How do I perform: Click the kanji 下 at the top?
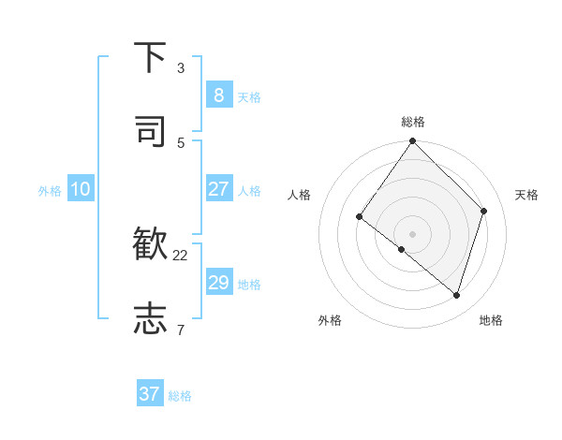coord(150,58)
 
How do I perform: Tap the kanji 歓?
coord(150,245)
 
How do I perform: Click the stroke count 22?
coord(181,255)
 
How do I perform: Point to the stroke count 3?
coord(181,68)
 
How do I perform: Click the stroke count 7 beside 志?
coord(181,330)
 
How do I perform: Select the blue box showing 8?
coord(218,95)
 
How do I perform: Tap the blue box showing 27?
coord(218,188)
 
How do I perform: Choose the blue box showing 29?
coord(218,283)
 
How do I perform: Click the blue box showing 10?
coord(81,189)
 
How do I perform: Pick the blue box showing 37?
coord(150,394)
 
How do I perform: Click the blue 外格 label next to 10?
coord(50,191)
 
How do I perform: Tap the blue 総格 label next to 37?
coord(180,396)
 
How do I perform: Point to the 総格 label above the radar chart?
coord(413,122)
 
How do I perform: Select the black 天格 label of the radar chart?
coord(526,195)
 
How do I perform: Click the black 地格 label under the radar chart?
coord(491,321)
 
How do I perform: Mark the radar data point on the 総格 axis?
coord(413,141)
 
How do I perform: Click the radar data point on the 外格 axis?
coord(401,249)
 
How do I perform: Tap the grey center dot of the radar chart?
coord(413,233)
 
